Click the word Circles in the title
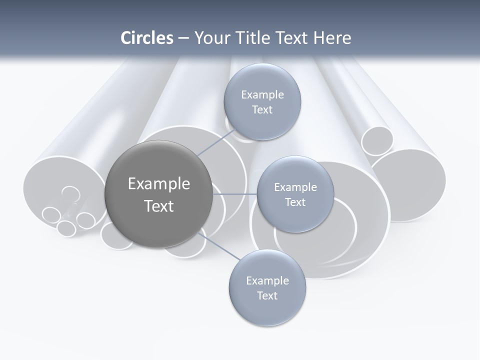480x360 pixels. pyautogui.click(x=147, y=38)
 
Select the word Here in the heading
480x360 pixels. pyautogui.click(x=332, y=38)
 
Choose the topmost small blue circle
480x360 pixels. pyautogui.click(x=262, y=102)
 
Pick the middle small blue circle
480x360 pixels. pyautogui.click(x=295, y=194)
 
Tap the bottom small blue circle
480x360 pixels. pyautogui.click(x=267, y=288)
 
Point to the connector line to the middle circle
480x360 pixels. pyautogui.click(x=235, y=194)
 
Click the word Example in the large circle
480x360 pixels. pyautogui.click(x=158, y=184)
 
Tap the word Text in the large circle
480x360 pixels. pyautogui.click(x=158, y=206)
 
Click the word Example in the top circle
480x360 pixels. pyautogui.click(x=262, y=94)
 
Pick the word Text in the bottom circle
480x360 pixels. pyautogui.click(x=267, y=295)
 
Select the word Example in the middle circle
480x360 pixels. pyautogui.click(x=295, y=187)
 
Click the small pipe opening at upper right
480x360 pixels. pyautogui.click(x=377, y=141)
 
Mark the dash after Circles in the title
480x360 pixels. pyautogui.click(x=183, y=38)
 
